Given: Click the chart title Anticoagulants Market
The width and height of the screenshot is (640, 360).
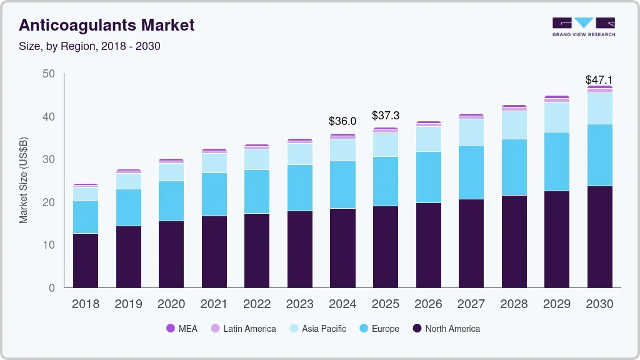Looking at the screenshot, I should [x=107, y=26].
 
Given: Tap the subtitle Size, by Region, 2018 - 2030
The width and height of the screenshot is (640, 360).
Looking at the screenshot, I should [x=90, y=46].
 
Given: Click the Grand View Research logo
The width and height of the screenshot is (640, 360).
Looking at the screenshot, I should [x=583, y=27].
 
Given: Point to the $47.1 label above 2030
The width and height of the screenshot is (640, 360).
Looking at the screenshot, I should [x=599, y=80].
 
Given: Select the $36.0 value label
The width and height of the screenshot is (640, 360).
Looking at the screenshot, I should [x=342, y=121].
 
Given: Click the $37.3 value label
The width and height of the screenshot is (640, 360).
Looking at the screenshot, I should [x=385, y=116].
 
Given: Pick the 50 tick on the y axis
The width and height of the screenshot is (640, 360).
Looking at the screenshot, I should [x=48, y=74].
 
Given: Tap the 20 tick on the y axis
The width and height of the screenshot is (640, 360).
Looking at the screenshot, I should [x=48, y=202].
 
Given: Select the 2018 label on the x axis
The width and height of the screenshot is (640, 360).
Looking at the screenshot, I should [x=86, y=304].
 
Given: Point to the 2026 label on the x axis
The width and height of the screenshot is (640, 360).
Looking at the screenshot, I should [x=428, y=304].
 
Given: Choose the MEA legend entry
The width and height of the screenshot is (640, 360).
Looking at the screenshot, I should [x=181, y=328].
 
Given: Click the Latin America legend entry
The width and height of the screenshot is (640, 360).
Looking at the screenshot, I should [x=243, y=328].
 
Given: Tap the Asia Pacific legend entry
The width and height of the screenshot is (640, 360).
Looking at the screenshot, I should [x=317, y=328].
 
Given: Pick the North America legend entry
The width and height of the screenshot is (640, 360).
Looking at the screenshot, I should [x=446, y=328].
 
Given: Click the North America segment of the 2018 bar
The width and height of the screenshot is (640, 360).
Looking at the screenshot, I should [x=86, y=261].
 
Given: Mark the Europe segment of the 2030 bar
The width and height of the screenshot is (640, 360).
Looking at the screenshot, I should [x=599, y=155].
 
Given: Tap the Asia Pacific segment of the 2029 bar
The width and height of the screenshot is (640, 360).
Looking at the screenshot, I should [x=556, y=117].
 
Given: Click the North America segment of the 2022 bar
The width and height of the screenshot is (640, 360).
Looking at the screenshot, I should [x=257, y=251].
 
